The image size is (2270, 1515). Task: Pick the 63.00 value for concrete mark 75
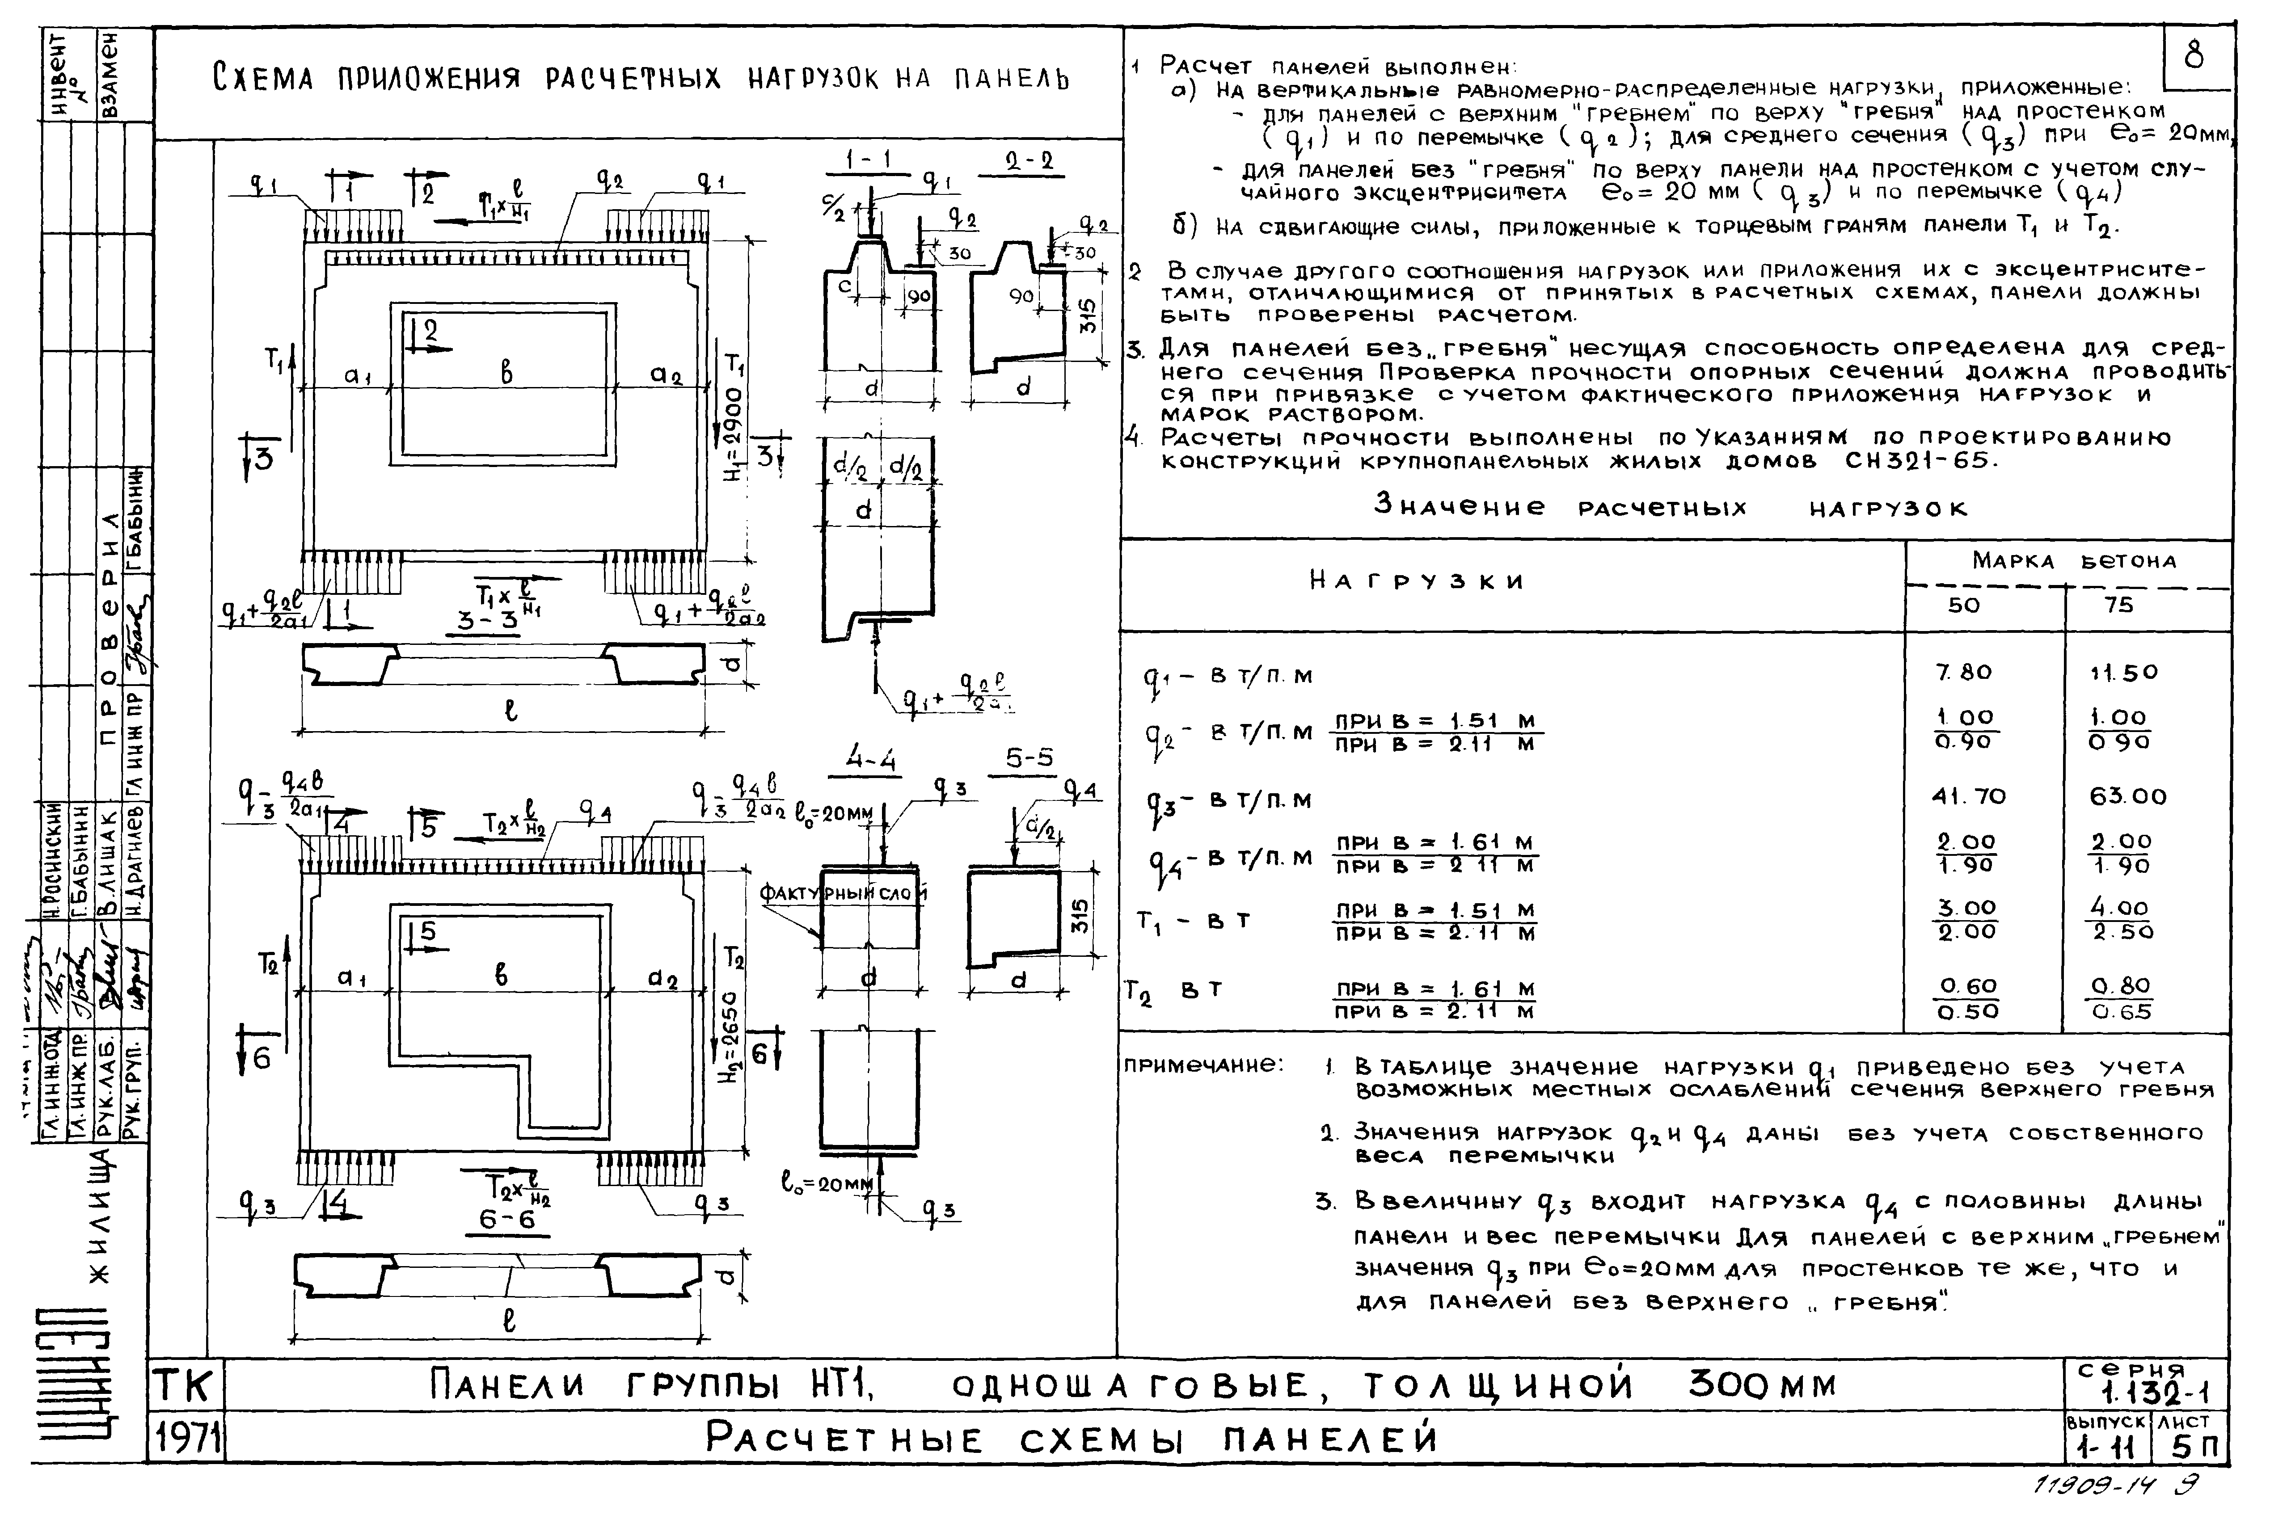tap(2128, 797)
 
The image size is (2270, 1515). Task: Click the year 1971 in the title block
tap(186, 1439)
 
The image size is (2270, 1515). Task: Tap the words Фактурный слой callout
tap(843, 894)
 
